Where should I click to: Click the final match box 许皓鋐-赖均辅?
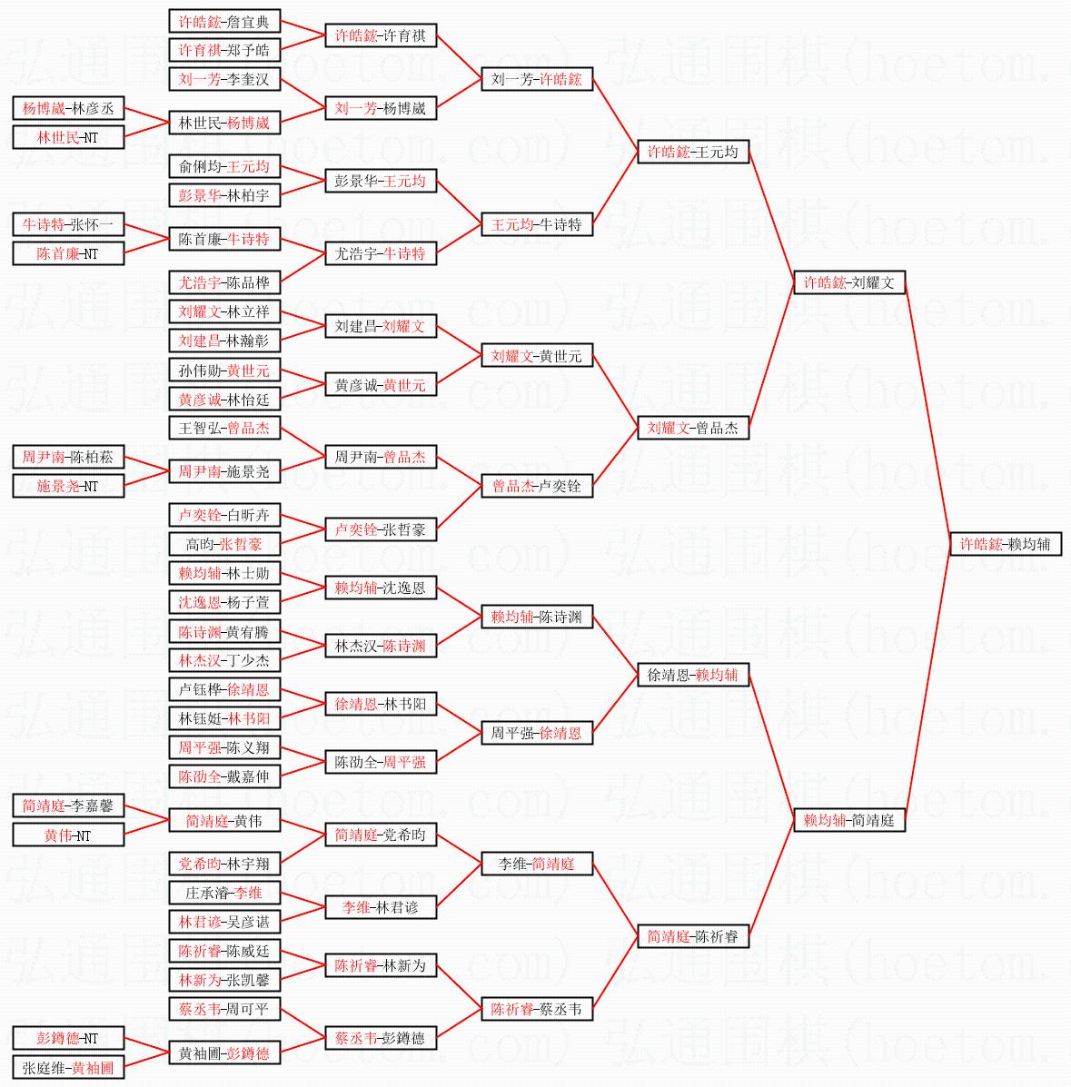point(1005,544)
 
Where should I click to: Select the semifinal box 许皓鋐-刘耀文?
point(849,282)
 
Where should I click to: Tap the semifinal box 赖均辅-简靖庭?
point(849,820)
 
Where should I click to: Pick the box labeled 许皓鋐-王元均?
point(693,152)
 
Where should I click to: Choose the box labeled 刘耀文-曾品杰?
point(693,428)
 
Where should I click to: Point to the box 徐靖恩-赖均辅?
point(693,675)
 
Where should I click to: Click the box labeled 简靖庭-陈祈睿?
point(693,936)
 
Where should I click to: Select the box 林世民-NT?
point(68,137)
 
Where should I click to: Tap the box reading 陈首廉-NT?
point(68,253)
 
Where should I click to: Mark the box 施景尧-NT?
point(68,486)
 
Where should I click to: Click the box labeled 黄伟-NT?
point(68,835)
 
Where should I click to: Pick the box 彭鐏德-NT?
point(68,1038)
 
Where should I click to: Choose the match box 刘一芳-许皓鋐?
point(537,79)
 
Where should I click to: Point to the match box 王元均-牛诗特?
point(537,224)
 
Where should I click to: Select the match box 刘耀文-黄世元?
point(537,356)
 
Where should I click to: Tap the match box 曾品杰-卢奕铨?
point(537,486)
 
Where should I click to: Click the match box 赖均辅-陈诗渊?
point(537,618)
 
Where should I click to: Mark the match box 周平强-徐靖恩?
point(537,733)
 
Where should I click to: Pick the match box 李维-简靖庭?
point(537,864)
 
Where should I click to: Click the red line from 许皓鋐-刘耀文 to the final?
point(927,413)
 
